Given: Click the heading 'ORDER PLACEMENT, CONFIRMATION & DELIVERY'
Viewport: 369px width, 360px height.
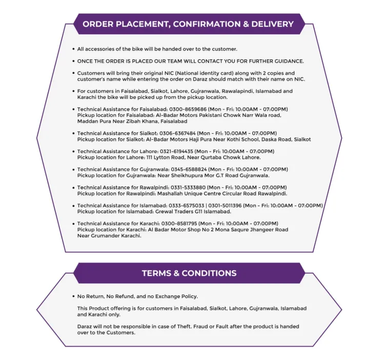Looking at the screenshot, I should pyautogui.click(x=188, y=24).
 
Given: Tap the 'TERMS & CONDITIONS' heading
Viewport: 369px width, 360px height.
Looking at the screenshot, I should pyautogui.click(x=189, y=273).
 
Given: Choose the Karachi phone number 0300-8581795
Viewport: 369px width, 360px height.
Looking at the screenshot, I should pyautogui.click(x=174, y=224).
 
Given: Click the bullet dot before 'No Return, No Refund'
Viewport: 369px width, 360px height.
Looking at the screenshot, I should pyautogui.click(x=73, y=297).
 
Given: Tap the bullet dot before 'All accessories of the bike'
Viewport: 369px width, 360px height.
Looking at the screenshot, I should pyautogui.click(x=73, y=49).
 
